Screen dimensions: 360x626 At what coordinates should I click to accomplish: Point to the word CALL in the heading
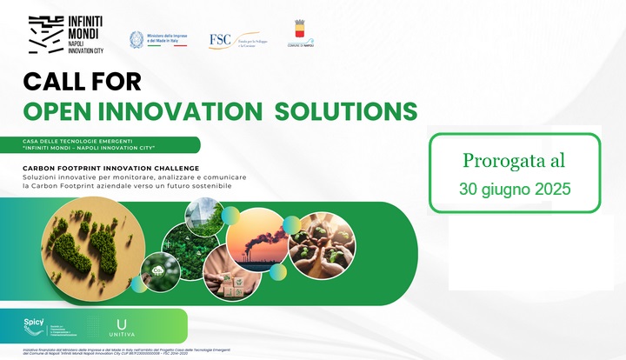(x=59, y=82)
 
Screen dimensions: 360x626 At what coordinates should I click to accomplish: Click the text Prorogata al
(x=514, y=160)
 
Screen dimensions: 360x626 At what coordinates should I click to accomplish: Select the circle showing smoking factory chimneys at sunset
(x=256, y=239)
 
